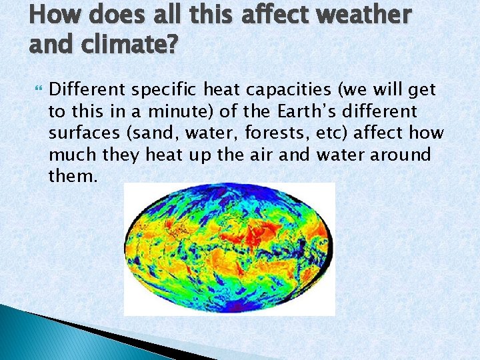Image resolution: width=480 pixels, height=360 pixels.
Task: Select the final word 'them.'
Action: pyautogui.click(x=73, y=176)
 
